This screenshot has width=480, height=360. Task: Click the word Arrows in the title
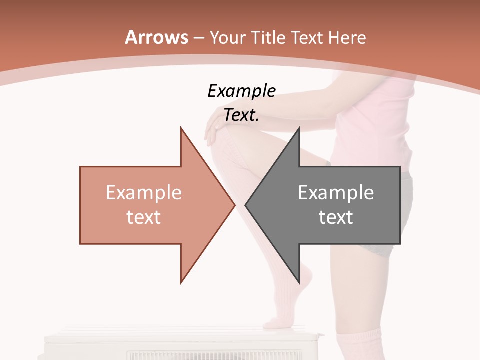tap(156, 37)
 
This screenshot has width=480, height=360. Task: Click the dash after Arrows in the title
tap(198, 38)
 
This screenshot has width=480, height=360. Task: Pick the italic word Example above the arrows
tap(241, 91)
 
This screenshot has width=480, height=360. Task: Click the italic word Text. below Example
tap(241, 115)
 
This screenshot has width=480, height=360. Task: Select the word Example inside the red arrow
tap(144, 192)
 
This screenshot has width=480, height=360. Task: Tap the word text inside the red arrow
tap(144, 217)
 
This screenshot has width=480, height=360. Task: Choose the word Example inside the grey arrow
tap(336, 192)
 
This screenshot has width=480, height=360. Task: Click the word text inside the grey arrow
tap(336, 217)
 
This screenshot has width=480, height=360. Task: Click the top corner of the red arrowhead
tap(181, 128)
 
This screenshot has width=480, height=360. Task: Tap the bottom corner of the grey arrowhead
tap(299, 282)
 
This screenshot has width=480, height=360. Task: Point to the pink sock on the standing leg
tap(355, 345)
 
